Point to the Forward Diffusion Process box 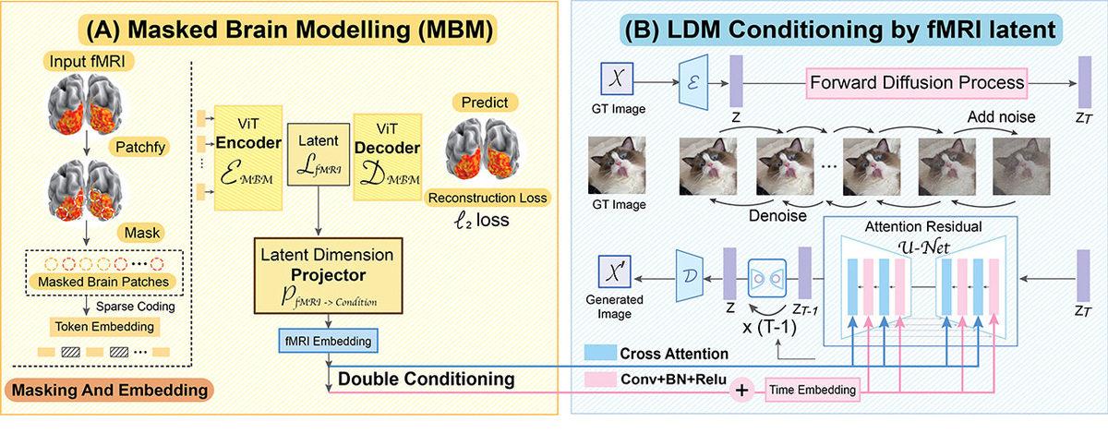pyautogui.click(x=917, y=82)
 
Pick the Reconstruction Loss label pyautogui.click(x=487, y=197)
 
